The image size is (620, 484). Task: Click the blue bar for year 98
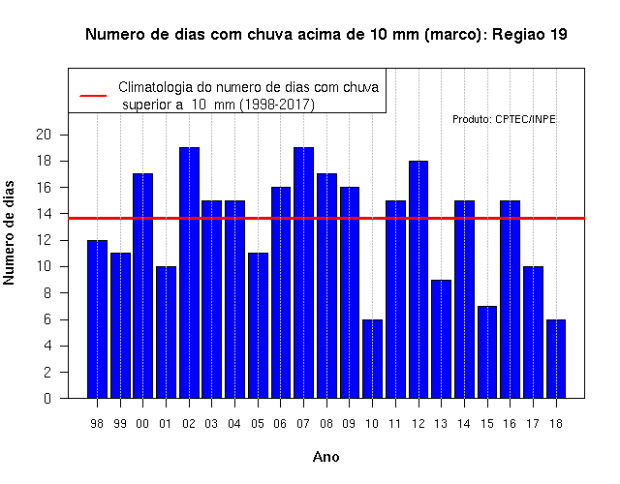click(x=97, y=318)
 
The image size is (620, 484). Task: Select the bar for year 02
click(x=190, y=273)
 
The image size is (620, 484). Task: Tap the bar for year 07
click(x=303, y=273)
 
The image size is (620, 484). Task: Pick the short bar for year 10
click(x=372, y=359)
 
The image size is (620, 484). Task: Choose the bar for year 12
click(x=418, y=280)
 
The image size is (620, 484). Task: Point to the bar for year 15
click(x=487, y=352)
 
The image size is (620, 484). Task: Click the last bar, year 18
click(x=556, y=359)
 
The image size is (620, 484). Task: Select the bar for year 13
click(x=442, y=339)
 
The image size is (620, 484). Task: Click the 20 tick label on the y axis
click(x=44, y=135)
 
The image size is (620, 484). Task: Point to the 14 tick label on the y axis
click(x=44, y=214)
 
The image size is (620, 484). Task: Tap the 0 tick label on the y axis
click(x=47, y=398)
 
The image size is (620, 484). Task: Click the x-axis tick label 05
click(x=258, y=424)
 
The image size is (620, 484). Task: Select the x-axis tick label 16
click(x=510, y=424)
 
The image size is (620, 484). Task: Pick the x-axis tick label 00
click(x=142, y=424)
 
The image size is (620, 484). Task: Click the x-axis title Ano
click(x=326, y=457)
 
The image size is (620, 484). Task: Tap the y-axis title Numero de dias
click(x=9, y=233)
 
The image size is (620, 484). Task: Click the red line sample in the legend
click(x=93, y=96)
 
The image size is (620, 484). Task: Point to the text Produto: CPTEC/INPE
click(x=504, y=119)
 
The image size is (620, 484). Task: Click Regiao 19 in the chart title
click(x=530, y=35)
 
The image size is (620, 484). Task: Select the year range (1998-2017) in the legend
click(x=277, y=105)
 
